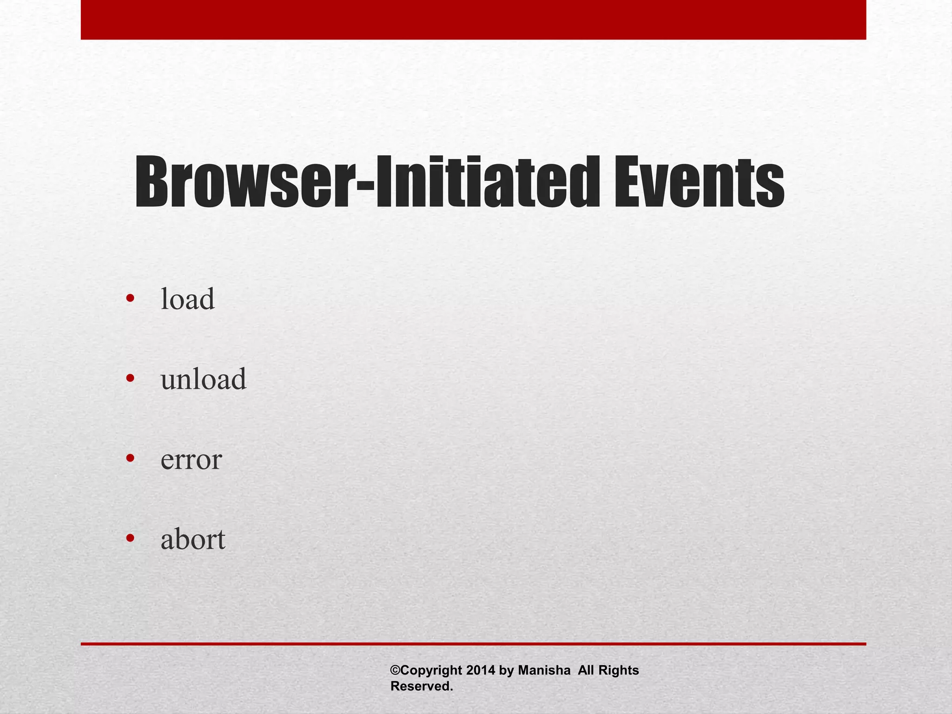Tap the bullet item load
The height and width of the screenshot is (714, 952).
pyautogui.click(x=188, y=299)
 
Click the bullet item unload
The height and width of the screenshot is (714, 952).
pyautogui.click(x=204, y=379)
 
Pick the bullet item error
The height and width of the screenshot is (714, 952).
pyautogui.click(x=191, y=459)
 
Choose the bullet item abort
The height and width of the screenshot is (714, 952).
pyautogui.click(x=193, y=539)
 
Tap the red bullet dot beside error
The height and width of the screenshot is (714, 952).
pyautogui.click(x=130, y=458)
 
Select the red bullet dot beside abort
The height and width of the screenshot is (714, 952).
pyautogui.click(x=130, y=538)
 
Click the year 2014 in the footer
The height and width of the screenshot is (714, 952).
pyautogui.click(x=480, y=670)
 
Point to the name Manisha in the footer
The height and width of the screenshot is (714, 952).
pyautogui.click(x=544, y=670)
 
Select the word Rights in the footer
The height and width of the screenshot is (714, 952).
pyautogui.click(x=618, y=670)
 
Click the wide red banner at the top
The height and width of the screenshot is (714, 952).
pyautogui.click(x=473, y=20)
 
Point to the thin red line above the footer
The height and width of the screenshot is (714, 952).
pyautogui.click(x=473, y=644)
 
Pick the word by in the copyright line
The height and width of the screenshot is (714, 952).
pyautogui.click(x=506, y=671)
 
